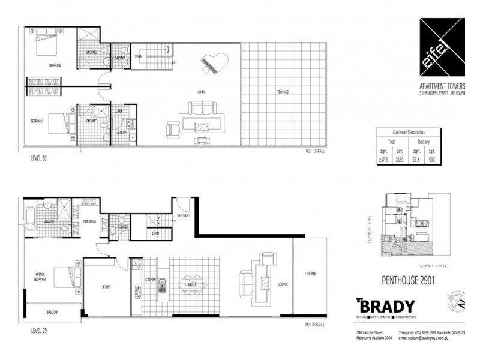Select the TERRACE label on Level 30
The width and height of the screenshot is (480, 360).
point(283,92)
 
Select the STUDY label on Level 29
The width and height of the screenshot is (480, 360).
point(106,287)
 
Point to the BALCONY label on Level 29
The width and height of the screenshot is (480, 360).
point(53,313)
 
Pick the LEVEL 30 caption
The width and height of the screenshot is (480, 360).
point(40,160)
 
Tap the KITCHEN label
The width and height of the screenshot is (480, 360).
point(150,280)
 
